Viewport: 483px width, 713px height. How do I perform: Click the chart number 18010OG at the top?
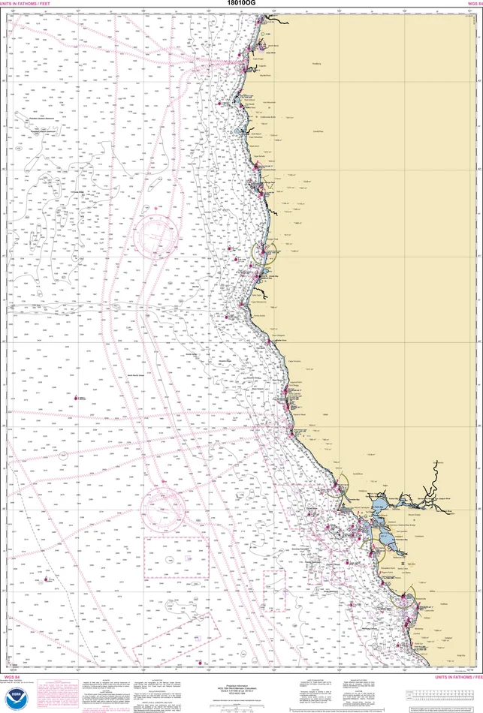(x=240, y=4)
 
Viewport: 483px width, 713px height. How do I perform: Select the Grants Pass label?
(x=318, y=132)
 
